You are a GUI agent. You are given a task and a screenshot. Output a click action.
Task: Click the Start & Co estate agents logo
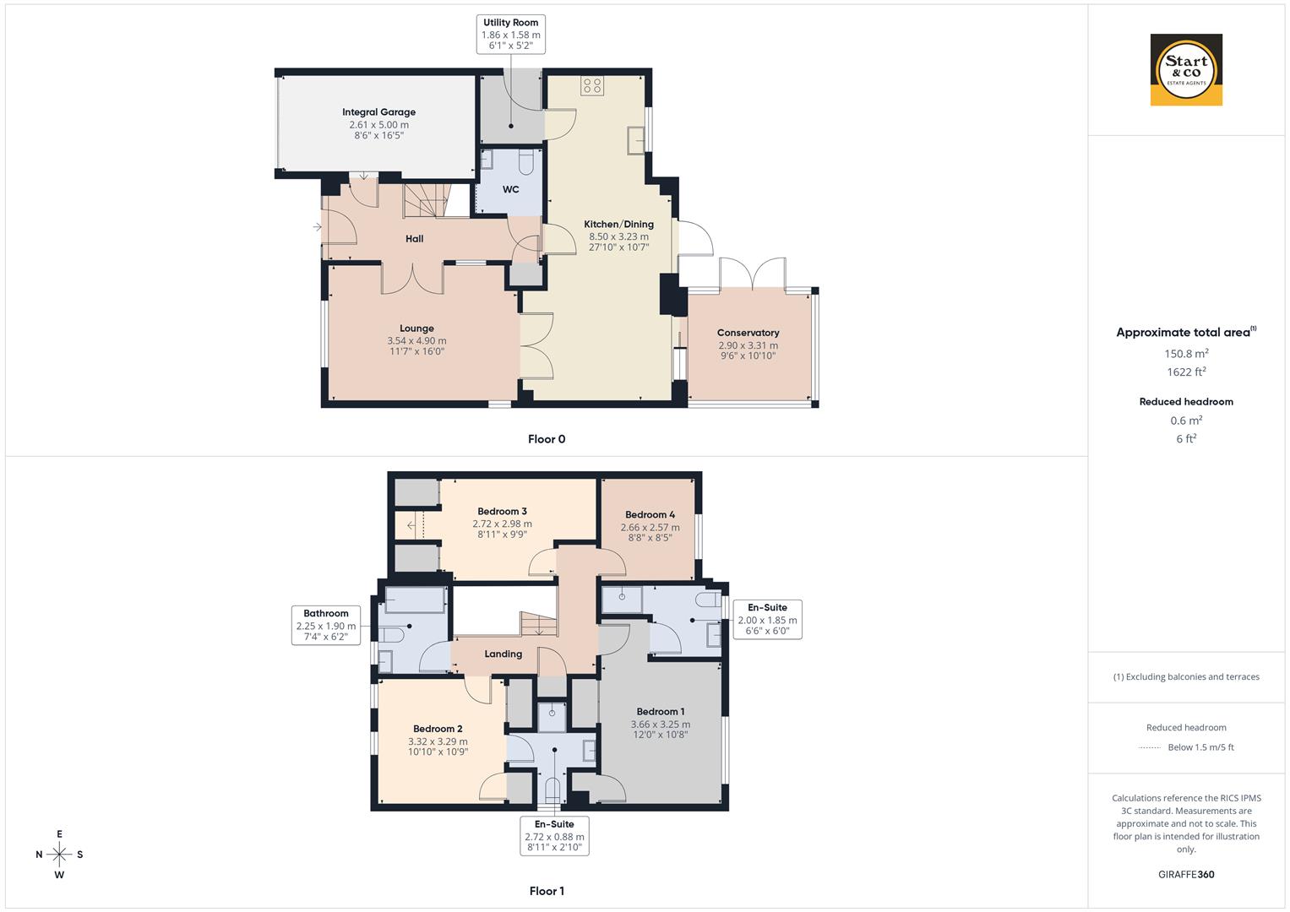(x=1186, y=70)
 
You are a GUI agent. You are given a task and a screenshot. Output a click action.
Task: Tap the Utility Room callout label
(x=510, y=35)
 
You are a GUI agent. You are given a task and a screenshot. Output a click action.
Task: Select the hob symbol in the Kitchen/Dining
(x=592, y=85)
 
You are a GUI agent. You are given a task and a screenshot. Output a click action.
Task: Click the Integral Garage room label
(x=378, y=112)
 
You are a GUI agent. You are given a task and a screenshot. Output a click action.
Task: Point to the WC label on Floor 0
(x=510, y=190)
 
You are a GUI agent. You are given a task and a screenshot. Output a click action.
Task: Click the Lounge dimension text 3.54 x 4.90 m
(x=416, y=341)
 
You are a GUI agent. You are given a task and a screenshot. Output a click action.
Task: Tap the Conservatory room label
(x=748, y=333)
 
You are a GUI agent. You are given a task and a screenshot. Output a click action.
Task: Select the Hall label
(x=414, y=239)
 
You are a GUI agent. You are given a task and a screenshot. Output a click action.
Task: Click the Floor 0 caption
(x=546, y=439)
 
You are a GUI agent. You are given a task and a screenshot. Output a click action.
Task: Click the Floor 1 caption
(x=546, y=891)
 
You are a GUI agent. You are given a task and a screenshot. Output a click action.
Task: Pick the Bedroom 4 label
(x=650, y=515)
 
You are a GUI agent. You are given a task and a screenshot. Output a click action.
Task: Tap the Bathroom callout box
(x=326, y=625)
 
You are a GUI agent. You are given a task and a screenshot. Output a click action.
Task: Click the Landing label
(x=503, y=654)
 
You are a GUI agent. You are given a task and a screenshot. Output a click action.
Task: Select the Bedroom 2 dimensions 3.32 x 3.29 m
(x=438, y=741)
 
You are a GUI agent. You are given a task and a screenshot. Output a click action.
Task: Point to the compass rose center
(x=59, y=854)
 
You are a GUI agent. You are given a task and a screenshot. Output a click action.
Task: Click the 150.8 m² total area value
(x=1186, y=354)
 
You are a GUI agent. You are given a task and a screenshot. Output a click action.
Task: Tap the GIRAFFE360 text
(x=1186, y=875)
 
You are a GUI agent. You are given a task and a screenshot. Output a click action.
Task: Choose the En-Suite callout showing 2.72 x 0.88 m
(x=554, y=835)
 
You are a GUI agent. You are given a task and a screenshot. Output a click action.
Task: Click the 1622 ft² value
(x=1186, y=372)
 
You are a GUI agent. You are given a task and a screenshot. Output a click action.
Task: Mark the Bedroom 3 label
(x=502, y=512)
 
